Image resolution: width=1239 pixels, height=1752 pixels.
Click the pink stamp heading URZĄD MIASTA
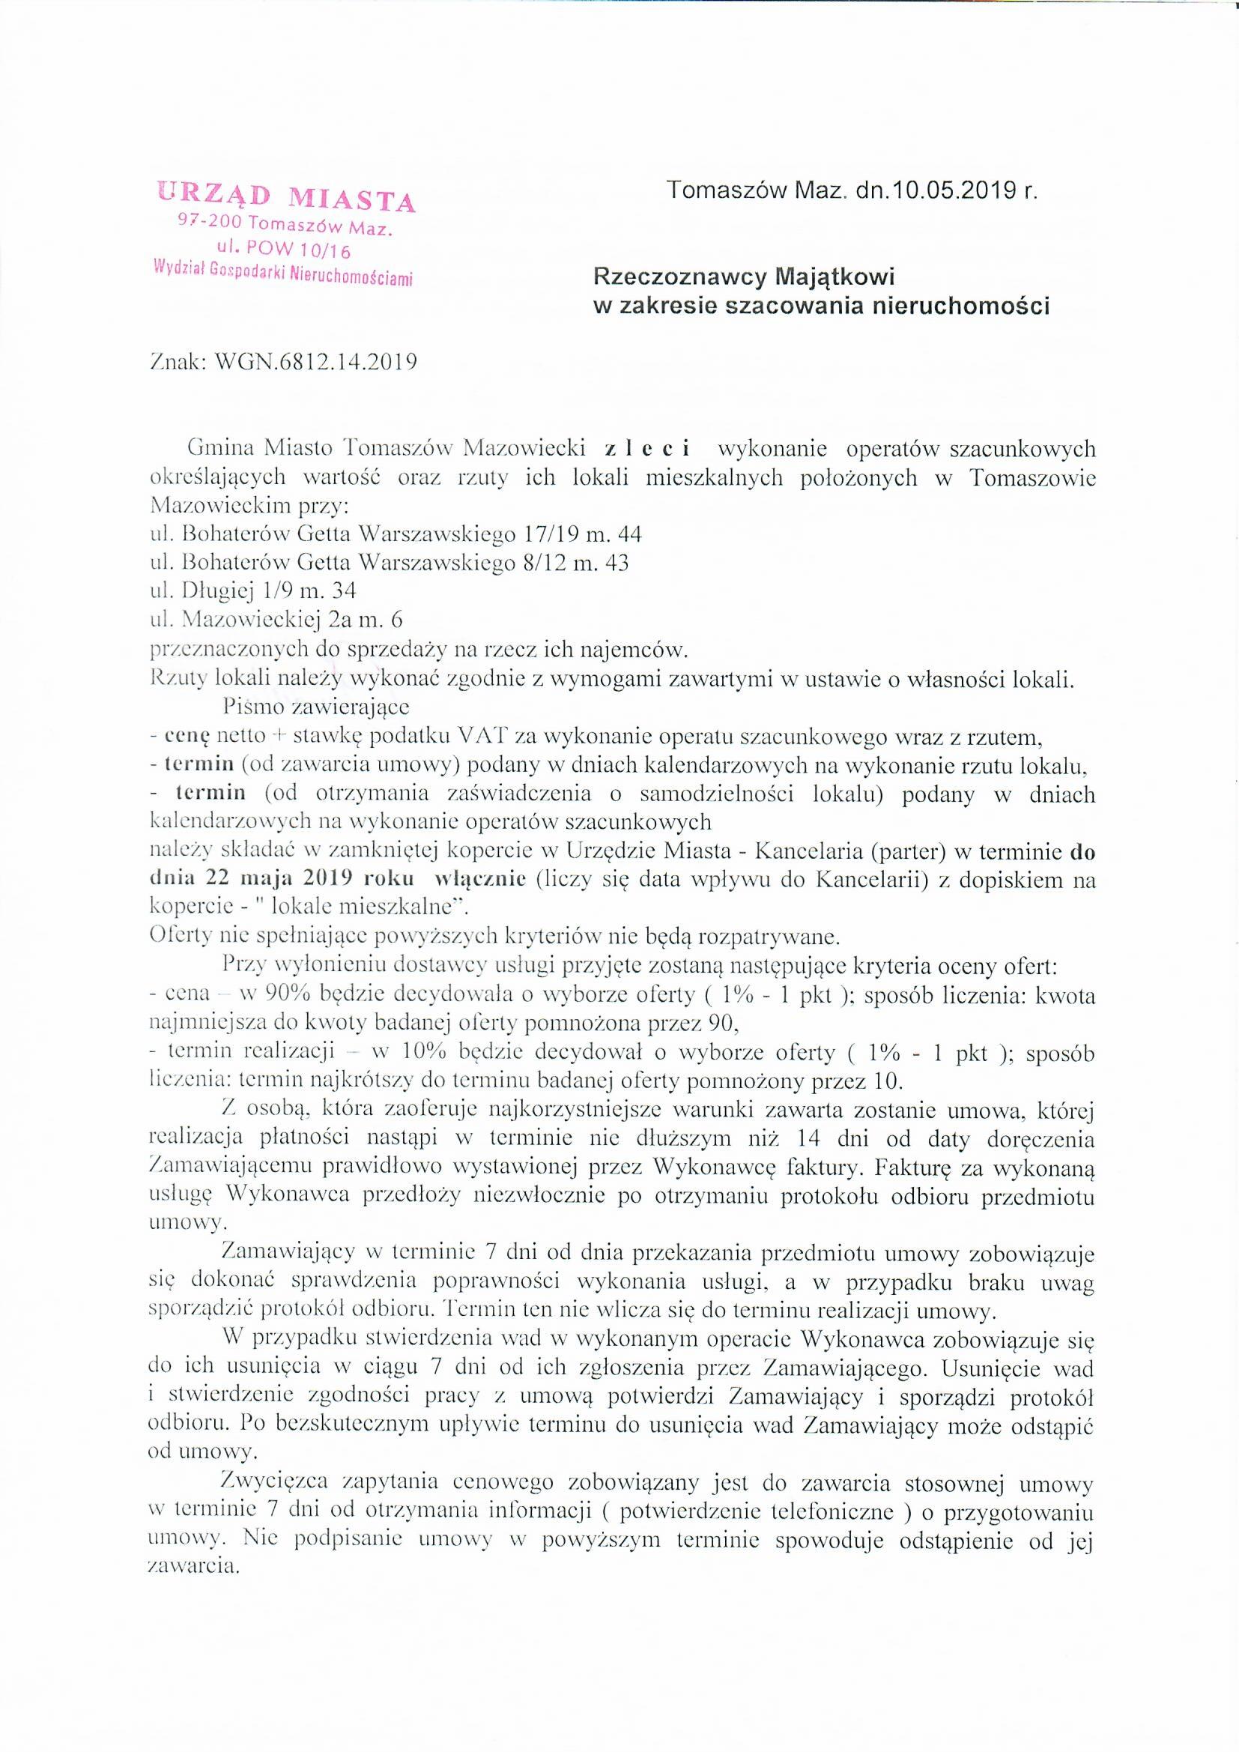click(x=286, y=199)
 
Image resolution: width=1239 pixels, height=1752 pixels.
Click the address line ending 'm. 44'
click(x=397, y=534)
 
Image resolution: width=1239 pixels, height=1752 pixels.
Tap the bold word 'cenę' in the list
click(x=182, y=737)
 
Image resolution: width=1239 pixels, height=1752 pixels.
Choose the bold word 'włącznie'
click(x=480, y=878)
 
